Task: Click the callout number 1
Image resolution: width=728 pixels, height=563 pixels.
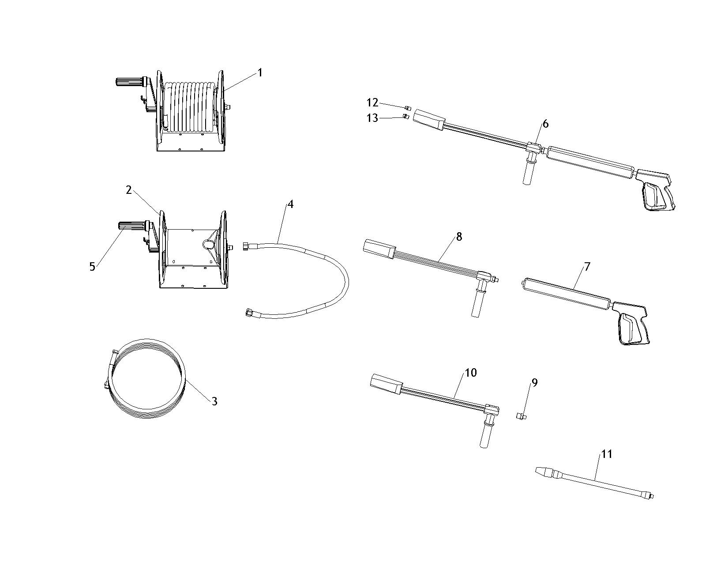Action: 260,72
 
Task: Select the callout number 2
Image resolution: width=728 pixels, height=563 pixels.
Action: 129,190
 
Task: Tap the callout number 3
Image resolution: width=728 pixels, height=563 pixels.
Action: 214,401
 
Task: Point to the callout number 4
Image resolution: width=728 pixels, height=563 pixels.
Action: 290,204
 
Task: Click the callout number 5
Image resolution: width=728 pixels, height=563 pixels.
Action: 92,267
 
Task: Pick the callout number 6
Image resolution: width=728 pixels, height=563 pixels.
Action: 546,124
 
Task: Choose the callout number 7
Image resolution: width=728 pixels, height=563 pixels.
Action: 587,266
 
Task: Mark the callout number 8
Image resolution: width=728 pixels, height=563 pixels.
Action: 459,237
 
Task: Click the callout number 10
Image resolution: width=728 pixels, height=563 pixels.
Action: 471,373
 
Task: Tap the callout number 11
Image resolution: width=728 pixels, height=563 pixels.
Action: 607,453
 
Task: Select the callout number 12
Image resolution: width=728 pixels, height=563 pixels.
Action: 372,102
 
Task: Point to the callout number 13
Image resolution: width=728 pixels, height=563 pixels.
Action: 372,118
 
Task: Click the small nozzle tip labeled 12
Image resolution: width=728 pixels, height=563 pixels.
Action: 408,107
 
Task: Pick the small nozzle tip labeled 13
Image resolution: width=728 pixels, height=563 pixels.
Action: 405,117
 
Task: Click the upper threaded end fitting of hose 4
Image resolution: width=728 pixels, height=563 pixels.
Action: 246,246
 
